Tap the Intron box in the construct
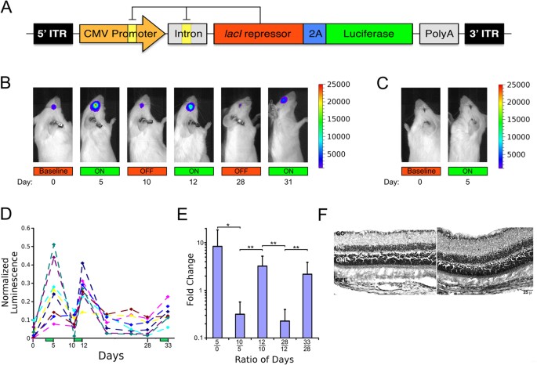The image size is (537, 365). click(188, 34)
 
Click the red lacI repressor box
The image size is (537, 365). click(258, 34)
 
